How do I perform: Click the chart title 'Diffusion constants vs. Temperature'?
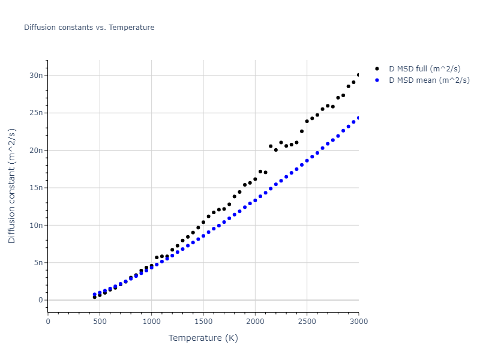(x=89, y=28)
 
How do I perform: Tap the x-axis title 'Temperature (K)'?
(x=203, y=338)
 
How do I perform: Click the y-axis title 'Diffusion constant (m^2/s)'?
(x=13, y=186)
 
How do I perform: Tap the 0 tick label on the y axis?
(x=41, y=300)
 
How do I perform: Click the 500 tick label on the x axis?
(x=100, y=322)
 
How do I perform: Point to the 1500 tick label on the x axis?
(x=203, y=322)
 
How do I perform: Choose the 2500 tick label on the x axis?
(x=307, y=322)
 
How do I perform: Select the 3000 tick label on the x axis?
(x=358, y=322)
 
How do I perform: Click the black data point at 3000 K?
(x=358, y=75)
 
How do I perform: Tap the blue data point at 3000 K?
(x=358, y=118)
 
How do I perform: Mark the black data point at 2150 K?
(x=271, y=146)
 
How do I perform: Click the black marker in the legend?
(x=377, y=69)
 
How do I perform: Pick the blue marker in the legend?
(x=377, y=80)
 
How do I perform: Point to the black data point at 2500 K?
(x=307, y=121)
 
